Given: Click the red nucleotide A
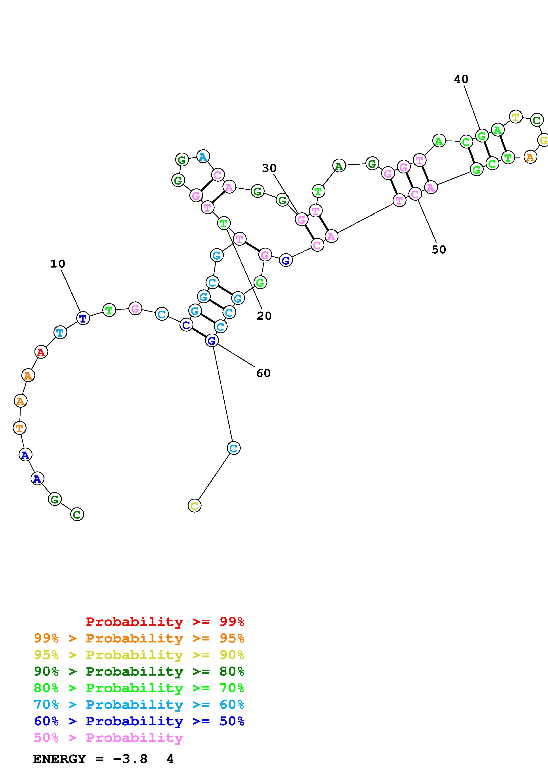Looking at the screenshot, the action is pos(41,352).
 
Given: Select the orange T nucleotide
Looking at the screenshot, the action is pos(19,428).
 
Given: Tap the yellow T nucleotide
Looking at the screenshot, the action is pos(515,117).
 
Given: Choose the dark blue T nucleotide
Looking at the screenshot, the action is pos(83,318).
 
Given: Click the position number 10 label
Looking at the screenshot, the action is pos(58,264).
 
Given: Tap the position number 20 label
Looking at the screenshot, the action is pos(264,316).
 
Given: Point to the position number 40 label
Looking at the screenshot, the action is pos(461,79).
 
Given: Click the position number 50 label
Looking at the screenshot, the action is pos(439,249).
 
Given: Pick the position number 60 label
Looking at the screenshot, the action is pos(263,373).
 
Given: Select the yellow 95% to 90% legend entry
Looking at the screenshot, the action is pos(139,655).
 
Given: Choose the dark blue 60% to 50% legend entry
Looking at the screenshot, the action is pos(139,721).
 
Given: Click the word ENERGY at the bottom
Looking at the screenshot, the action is pos(59,759).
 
